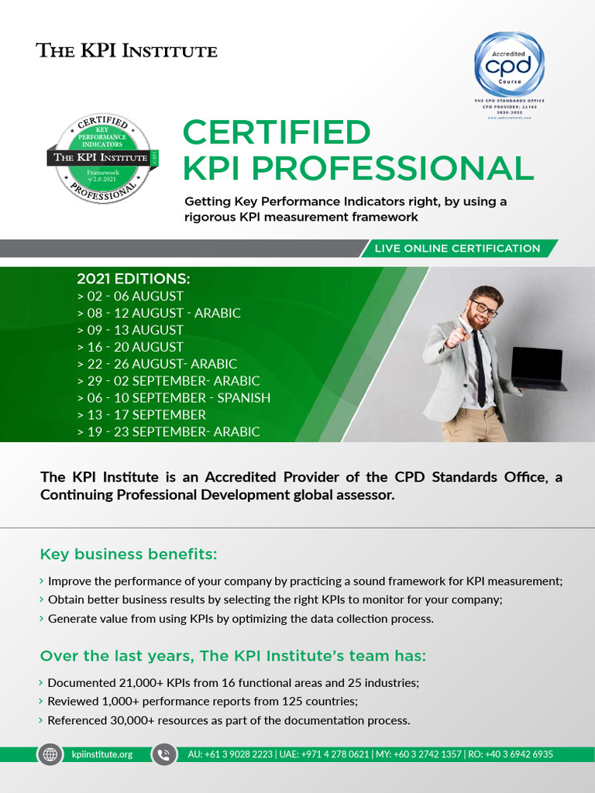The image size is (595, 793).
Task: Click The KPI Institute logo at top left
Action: tap(127, 51)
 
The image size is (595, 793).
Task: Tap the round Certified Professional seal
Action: tap(101, 156)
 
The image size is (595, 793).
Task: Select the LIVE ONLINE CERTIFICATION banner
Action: tap(457, 249)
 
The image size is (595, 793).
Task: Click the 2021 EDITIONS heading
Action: tap(133, 279)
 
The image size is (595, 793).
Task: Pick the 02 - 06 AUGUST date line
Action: tap(130, 296)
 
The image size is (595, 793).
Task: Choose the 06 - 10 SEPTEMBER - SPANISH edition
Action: tap(174, 398)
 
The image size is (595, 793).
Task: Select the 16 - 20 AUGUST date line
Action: tap(130, 347)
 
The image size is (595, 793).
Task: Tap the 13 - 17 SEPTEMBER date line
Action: tap(141, 415)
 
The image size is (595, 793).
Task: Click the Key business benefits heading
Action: tap(129, 554)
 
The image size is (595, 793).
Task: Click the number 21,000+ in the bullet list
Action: tap(138, 683)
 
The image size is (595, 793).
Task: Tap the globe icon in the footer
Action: tap(50, 754)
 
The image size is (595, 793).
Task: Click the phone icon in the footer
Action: tap(164, 754)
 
